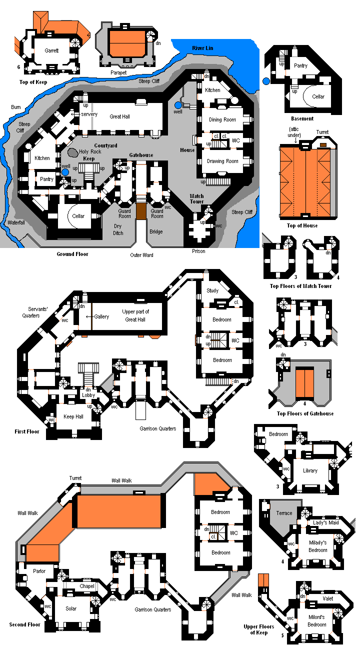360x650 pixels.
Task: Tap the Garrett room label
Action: coord(51,50)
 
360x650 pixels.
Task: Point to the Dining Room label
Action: coord(222,120)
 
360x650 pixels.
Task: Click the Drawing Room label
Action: coord(222,161)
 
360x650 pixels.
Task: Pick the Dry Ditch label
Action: coord(118,229)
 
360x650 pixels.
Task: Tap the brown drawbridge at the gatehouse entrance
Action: coord(141,209)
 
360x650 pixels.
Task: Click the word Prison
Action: coord(198,251)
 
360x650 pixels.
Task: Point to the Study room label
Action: coord(212,290)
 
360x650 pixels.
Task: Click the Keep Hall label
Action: coord(72,416)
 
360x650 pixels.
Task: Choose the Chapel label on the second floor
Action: coord(86,586)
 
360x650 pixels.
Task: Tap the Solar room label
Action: coord(71,608)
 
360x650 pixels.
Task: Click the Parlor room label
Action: coord(39,571)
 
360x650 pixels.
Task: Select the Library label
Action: coord(310,470)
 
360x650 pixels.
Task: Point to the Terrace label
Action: coord(284,513)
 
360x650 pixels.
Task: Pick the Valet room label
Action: coord(327,598)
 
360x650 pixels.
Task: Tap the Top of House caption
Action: coord(302,225)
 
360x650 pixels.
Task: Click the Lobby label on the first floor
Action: coord(89,395)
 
